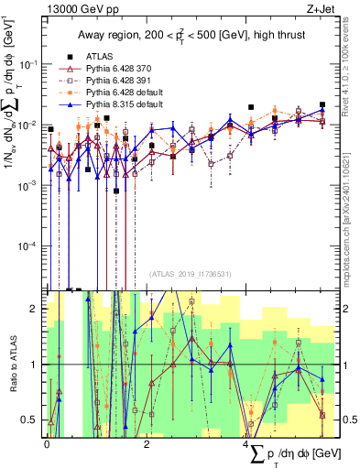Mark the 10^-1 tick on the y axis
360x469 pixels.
[x=29, y=64]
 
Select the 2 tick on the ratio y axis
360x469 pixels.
[x=37, y=309]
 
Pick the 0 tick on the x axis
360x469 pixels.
[x=48, y=442]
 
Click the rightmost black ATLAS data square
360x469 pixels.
[x=322, y=104]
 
